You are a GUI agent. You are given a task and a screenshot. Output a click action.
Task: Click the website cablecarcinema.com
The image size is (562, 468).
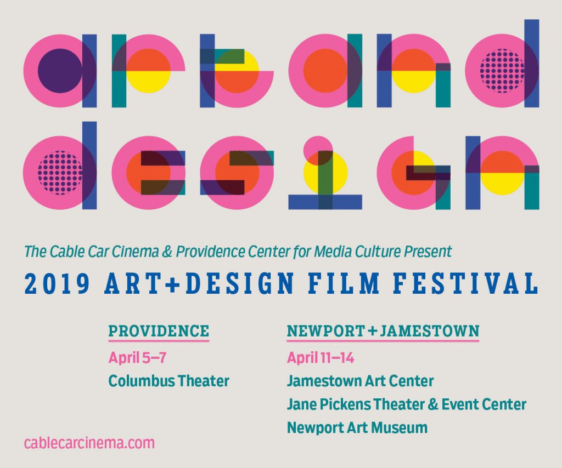point(89,443)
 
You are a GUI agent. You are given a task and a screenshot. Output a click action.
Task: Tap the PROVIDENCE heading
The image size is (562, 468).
point(159,331)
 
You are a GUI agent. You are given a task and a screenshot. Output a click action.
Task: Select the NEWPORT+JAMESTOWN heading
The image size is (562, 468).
point(383,331)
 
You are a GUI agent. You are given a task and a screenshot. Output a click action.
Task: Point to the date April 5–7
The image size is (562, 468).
point(137,357)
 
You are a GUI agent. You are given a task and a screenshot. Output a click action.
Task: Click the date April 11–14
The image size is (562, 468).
point(321,357)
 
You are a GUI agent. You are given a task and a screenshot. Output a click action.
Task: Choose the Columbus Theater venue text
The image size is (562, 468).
point(168,381)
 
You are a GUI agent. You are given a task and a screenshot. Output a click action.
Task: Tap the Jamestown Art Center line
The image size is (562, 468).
point(360,381)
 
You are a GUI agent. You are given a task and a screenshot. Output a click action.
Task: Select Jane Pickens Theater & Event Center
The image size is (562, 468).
point(407,404)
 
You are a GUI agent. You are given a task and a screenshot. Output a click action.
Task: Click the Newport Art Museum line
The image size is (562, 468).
point(357,427)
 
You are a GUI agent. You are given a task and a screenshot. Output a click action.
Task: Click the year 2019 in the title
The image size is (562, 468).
point(57,283)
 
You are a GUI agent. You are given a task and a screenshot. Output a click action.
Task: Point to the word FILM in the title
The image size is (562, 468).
point(344,283)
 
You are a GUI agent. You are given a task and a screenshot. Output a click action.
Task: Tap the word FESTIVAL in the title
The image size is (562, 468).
point(465,283)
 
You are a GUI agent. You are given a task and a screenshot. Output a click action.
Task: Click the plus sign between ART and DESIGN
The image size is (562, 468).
point(173,284)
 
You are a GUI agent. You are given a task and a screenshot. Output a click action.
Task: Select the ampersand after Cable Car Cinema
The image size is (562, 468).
point(167,252)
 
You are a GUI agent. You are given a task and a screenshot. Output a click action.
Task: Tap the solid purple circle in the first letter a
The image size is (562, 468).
point(60,71)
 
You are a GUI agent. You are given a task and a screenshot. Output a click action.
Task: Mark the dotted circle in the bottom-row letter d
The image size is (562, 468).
point(60,173)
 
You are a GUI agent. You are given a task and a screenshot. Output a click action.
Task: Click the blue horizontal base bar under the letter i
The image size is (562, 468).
point(325,202)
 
